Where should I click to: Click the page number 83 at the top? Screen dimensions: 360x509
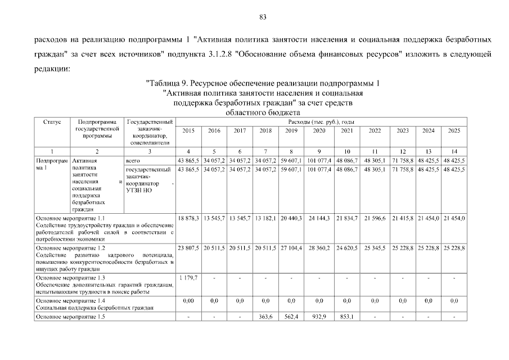pos(262,16)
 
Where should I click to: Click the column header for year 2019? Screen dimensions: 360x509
pos(290,130)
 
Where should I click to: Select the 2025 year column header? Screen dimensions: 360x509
pos(454,130)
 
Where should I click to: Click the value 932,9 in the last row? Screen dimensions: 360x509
pos(318,317)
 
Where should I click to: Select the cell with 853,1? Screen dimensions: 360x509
pos(346,317)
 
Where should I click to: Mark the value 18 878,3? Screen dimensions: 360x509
pos(188,218)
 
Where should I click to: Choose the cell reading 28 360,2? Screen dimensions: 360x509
pos(318,248)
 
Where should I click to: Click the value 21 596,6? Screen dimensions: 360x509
pos(374,218)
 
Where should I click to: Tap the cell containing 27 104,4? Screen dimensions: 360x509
pos(290,248)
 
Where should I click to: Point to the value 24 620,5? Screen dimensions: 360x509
pos(346,248)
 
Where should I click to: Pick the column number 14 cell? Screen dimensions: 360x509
pos(454,152)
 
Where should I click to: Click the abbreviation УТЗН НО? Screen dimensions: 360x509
pos(139,191)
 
